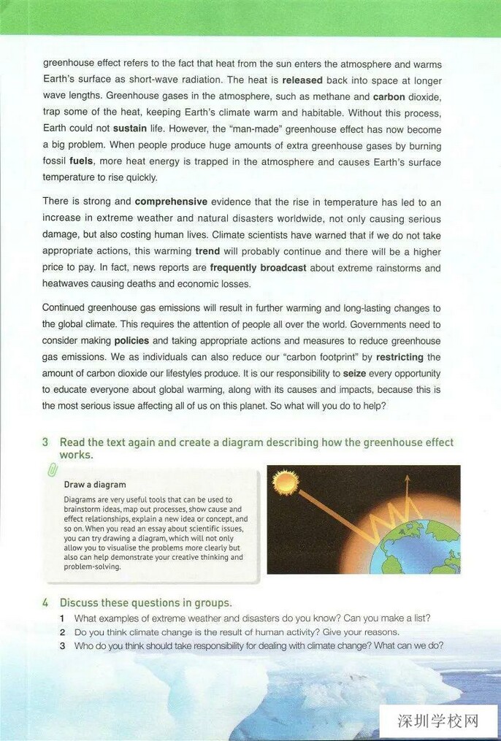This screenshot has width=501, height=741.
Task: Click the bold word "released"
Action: coord(302,80)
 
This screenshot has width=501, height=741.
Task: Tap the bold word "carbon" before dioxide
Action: coord(389,96)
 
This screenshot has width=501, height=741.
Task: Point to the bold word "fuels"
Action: coord(81,161)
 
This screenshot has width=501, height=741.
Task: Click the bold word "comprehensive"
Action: coord(171,201)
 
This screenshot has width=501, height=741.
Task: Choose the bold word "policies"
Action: coord(131,341)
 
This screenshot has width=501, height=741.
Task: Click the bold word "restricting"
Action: coord(399,357)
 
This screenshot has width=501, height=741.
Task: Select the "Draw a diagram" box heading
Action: coord(95,484)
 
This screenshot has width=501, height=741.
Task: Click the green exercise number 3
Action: coord(45,442)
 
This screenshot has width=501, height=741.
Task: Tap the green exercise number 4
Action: coord(45,603)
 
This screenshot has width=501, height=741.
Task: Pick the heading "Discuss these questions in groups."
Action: coord(145,603)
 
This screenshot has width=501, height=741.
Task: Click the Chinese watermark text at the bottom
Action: coord(438,721)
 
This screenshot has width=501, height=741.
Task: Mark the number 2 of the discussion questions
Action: coord(63,632)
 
